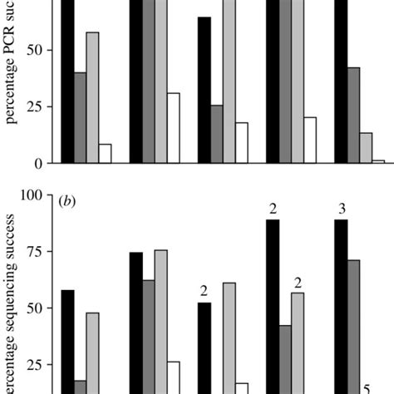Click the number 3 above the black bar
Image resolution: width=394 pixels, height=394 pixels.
click(x=341, y=207)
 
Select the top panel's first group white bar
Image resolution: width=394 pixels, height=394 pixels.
click(x=105, y=154)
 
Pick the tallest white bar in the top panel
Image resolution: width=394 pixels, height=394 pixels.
click(x=173, y=128)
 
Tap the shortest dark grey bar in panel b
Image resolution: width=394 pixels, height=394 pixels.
click(x=80, y=387)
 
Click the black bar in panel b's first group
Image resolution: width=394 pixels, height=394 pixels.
click(x=67, y=341)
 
